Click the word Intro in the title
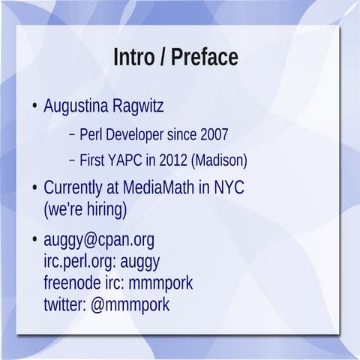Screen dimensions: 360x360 [x=133, y=57]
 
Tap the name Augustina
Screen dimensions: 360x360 [x=77, y=106]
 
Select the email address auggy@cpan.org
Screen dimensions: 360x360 [x=99, y=240]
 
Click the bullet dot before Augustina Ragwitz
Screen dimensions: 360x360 [x=34, y=106]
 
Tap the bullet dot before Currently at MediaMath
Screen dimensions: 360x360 [x=34, y=187]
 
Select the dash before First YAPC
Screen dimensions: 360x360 [x=72, y=160]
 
